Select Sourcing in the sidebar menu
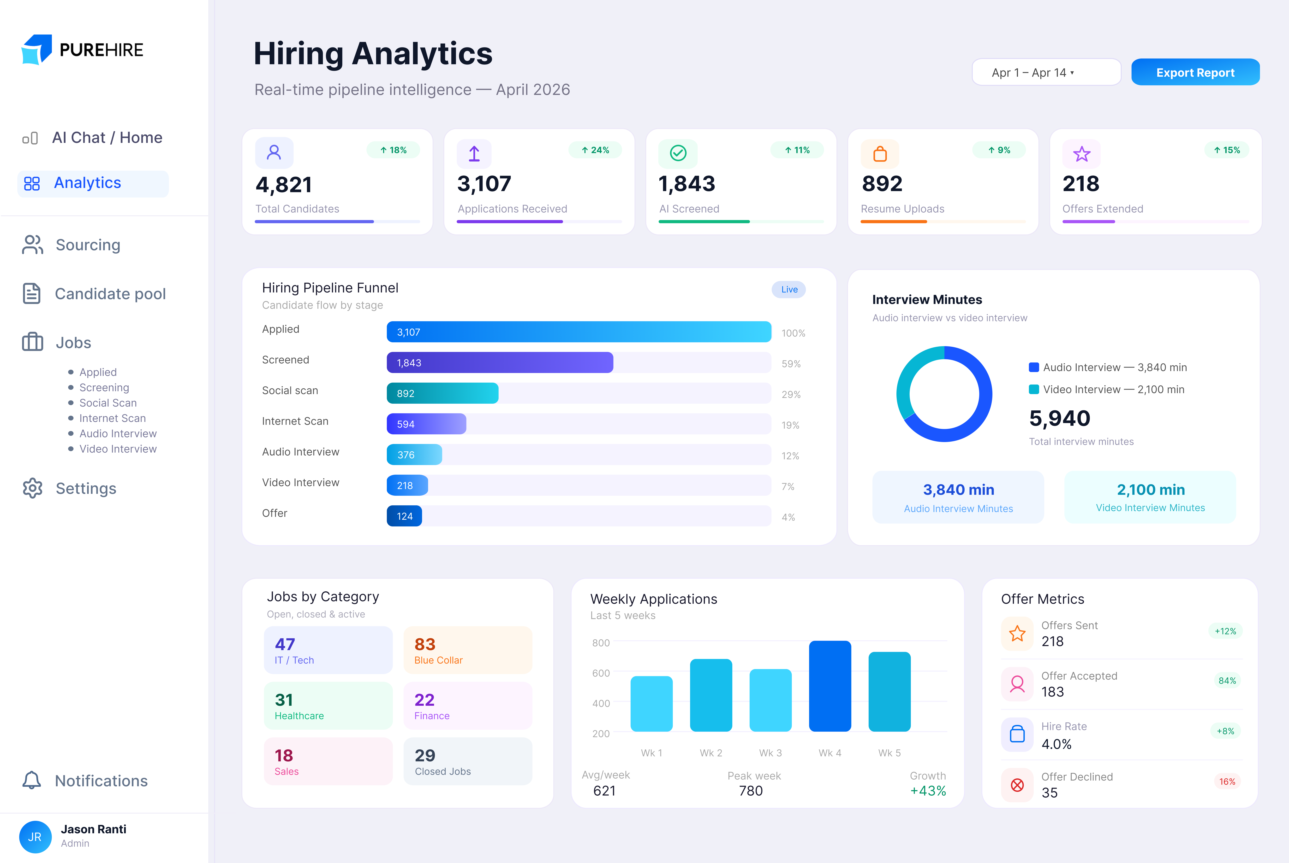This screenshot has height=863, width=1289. point(88,245)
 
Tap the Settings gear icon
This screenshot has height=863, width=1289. point(32,488)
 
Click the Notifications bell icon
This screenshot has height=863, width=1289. point(31,781)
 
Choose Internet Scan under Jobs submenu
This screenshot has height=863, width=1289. point(112,418)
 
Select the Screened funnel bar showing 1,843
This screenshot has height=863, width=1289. point(500,363)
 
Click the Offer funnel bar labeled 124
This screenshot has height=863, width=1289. point(404,516)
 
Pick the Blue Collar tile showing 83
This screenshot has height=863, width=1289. point(468,650)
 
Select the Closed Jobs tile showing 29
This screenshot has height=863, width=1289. point(468,761)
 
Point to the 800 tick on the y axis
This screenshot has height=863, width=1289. point(600,643)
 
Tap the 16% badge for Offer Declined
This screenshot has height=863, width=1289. point(1227,781)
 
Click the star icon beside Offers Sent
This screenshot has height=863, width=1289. point(1017,634)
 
